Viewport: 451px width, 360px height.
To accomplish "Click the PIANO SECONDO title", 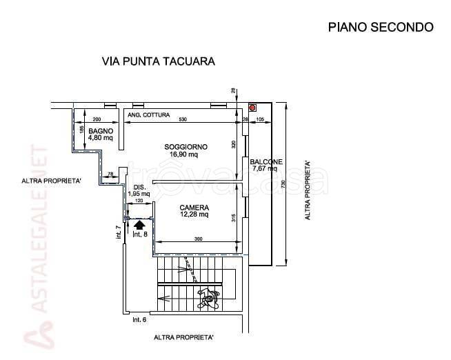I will [x=380, y=28].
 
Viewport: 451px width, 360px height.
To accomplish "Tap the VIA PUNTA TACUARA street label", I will [x=159, y=61].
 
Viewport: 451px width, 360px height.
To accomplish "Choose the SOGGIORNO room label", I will [x=186, y=146].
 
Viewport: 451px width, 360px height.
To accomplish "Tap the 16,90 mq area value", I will [x=184, y=154].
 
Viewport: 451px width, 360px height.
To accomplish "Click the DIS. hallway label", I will [x=139, y=187].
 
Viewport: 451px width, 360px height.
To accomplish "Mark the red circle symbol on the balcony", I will [x=252, y=108].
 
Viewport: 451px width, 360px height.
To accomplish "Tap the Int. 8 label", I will [x=140, y=235].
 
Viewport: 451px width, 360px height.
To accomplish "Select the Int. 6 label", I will [x=139, y=320].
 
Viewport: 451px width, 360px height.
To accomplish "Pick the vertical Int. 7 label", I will [x=119, y=232].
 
